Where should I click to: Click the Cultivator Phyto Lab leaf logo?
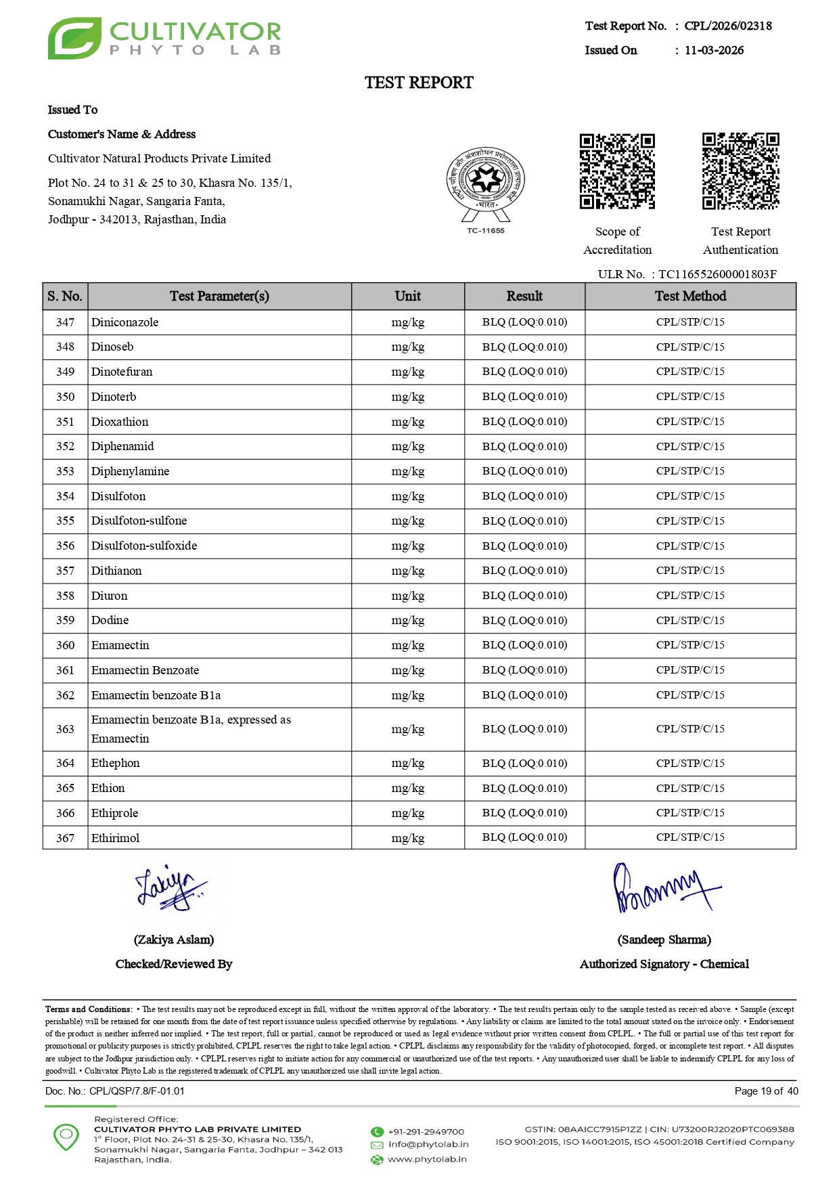click(x=74, y=39)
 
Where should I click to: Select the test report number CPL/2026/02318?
click(x=727, y=26)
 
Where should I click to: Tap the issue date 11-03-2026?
click(x=714, y=50)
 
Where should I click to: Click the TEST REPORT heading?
click(x=419, y=83)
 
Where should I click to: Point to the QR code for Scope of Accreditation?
click(x=617, y=171)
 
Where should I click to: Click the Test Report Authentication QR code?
click(x=740, y=171)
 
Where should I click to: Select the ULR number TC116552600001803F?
click(x=717, y=274)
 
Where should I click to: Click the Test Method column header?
click(x=690, y=296)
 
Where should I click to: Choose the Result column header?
click(x=524, y=296)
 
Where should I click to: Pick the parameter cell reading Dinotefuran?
click(x=122, y=372)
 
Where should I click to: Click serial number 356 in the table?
click(x=65, y=546)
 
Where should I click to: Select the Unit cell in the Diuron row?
click(x=407, y=596)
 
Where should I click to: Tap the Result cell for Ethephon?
click(x=524, y=763)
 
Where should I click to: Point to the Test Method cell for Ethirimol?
click(x=690, y=837)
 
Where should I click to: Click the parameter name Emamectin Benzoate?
click(x=145, y=670)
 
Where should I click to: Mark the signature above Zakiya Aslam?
click(x=171, y=887)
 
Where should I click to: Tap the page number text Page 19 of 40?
click(x=766, y=1091)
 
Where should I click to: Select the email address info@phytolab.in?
click(x=428, y=1145)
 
